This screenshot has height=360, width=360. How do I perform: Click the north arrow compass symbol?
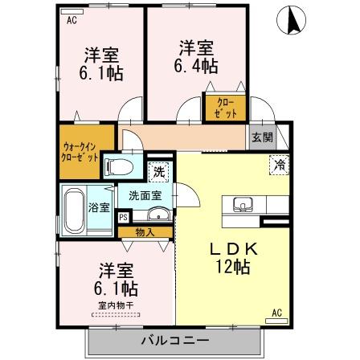coord(291,20)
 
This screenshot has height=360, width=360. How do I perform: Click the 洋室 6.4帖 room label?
coord(197,55)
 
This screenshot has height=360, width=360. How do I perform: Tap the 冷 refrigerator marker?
coord(278,165)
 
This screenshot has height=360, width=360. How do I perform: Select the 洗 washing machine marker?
coord(158,172)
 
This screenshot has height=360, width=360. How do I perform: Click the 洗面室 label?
coord(141,195)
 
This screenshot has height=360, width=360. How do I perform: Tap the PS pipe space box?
coord(123,216)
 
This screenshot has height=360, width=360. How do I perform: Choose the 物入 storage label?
coord(145,232)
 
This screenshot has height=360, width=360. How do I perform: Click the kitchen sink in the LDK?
coord(243,206)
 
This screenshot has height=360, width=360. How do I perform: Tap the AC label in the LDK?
coord(275,312)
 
